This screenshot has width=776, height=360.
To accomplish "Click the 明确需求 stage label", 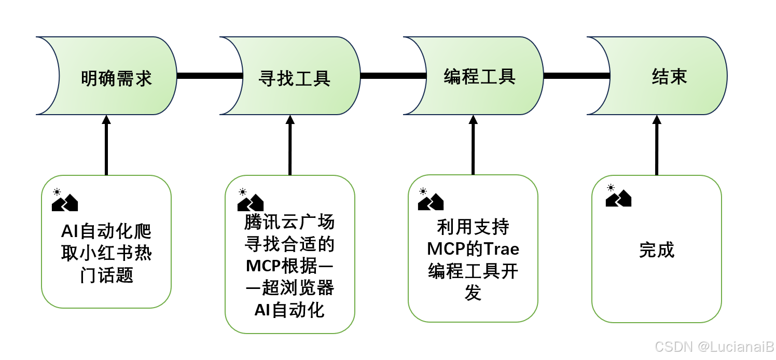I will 116,78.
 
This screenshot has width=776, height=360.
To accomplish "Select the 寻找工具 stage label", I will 294,78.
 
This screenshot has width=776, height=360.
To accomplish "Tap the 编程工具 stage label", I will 479,76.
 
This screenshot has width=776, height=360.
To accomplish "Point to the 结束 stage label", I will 669,76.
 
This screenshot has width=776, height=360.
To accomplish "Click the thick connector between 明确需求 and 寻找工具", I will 210,76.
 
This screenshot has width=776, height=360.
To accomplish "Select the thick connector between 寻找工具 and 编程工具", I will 393,76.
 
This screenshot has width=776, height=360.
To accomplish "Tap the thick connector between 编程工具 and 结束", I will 576,76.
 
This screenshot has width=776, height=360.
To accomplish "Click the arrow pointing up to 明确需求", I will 106,145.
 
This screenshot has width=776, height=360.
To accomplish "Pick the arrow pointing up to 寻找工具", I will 290,145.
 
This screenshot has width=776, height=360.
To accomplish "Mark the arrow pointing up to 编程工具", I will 473,145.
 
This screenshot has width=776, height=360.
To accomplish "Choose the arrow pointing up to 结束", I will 657,145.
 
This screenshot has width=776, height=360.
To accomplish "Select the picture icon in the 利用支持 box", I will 431,199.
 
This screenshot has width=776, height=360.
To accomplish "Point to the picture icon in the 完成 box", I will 618,196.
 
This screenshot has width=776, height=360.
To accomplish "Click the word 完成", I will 657,250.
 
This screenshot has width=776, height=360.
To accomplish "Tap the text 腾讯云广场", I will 289,223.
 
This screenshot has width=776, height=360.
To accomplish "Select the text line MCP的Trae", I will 473,249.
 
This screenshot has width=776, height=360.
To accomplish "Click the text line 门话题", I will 106,275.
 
